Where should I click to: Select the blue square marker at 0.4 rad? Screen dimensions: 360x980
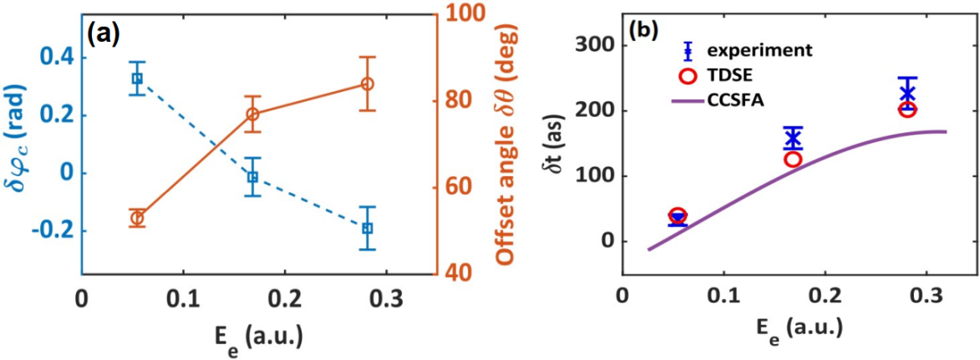(136, 79)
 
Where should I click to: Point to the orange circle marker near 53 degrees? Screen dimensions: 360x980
(137, 219)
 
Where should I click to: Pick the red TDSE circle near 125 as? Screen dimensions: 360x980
(793, 159)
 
